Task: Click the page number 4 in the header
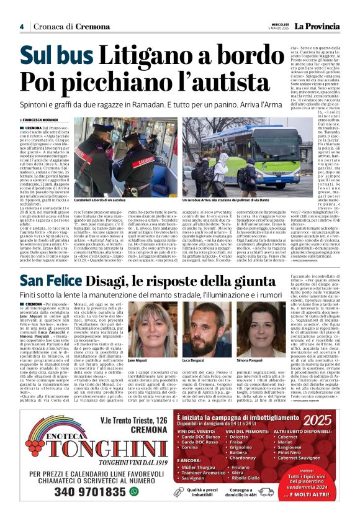pyautogui.click(x=21, y=27)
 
